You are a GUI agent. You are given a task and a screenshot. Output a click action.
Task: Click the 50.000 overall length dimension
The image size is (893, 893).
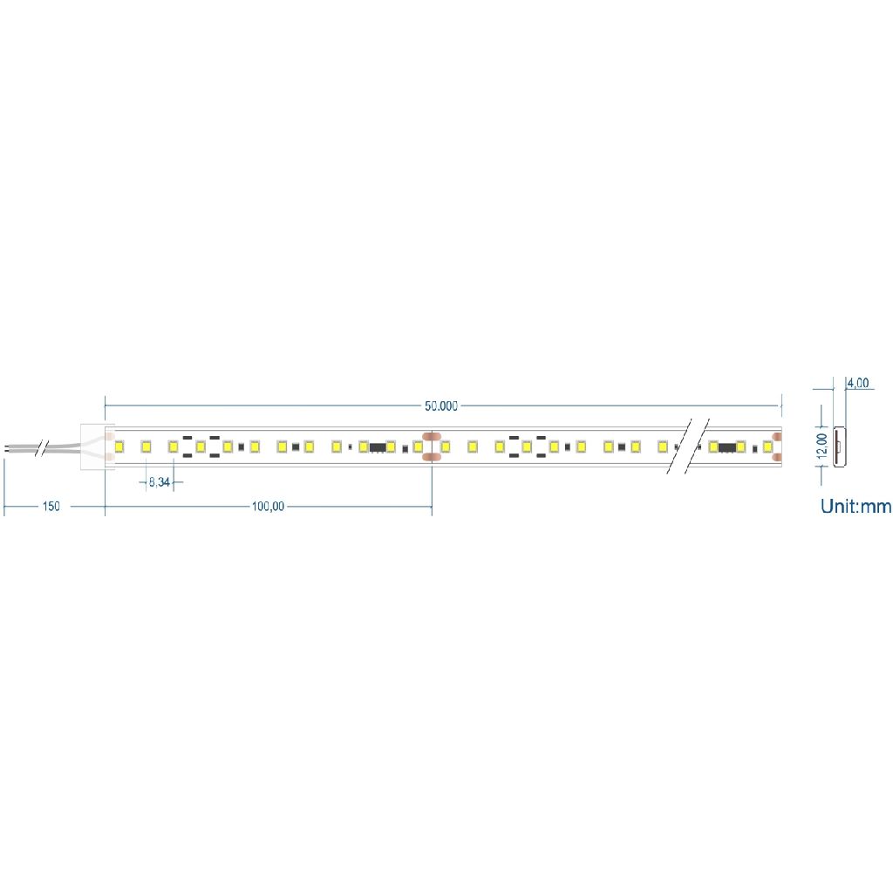[441, 406]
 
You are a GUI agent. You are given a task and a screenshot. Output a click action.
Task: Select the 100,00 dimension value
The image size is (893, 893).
[268, 507]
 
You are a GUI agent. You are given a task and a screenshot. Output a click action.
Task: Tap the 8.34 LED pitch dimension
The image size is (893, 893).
[159, 481]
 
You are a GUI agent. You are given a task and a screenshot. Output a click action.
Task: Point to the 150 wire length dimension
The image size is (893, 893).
[51, 507]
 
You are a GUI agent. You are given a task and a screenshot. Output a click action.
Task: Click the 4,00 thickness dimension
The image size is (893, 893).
[858, 383]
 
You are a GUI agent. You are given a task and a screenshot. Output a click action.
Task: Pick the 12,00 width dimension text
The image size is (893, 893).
[821, 446]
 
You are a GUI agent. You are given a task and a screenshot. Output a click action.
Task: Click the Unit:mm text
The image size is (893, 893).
[856, 506]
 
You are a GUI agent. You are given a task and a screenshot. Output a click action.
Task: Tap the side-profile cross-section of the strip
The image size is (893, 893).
[839, 446]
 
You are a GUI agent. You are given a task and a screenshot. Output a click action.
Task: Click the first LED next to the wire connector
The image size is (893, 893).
[119, 446]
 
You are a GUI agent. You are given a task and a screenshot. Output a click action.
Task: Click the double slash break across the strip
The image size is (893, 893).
[686, 446]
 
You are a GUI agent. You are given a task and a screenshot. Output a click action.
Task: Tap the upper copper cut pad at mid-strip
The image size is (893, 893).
[432, 435]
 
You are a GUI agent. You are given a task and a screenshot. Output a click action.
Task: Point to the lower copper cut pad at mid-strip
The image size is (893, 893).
[432, 458]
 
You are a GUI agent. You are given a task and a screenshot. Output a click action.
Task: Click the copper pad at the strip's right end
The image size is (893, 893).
[777, 446]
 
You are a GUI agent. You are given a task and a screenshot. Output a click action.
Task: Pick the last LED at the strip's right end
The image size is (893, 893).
[767, 446]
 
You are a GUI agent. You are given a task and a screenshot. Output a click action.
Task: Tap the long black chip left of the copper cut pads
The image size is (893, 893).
[378, 447]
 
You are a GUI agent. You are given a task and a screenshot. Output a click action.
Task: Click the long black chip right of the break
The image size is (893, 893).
[726, 447]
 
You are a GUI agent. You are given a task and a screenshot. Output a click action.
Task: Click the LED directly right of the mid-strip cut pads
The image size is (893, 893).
[445, 446]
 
